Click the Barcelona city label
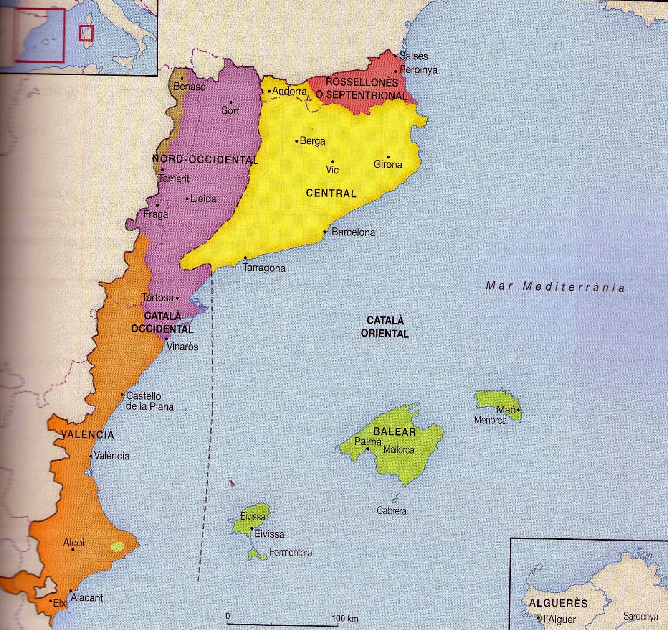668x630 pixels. pyautogui.click(x=353, y=232)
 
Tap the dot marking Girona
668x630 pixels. pyautogui.click(x=388, y=157)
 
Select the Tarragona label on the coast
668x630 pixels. pyautogui.click(x=264, y=268)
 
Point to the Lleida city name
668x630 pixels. pyautogui.click(x=203, y=199)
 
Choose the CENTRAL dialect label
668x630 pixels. pyautogui.click(x=331, y=193)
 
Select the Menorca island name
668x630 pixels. pyautogui.click(x=490, y=420)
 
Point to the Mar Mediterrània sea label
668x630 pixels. pyautogui.click(x=555, y=287)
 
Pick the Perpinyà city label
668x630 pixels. pyautogui.click(x=418, y=70)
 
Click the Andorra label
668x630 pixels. pyautogui.click(x=289, y=91)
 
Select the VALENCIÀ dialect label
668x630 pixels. pyautogui.click(x=88, y=435)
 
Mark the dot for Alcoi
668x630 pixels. pyautogui.click(x=73, y=549)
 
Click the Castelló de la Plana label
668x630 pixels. pyautogui.click(x=149, y=401)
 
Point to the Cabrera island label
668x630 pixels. pyautogui.click(x=391, y=510)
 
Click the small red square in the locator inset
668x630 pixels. pyautogui.click(x=86, y=33)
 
